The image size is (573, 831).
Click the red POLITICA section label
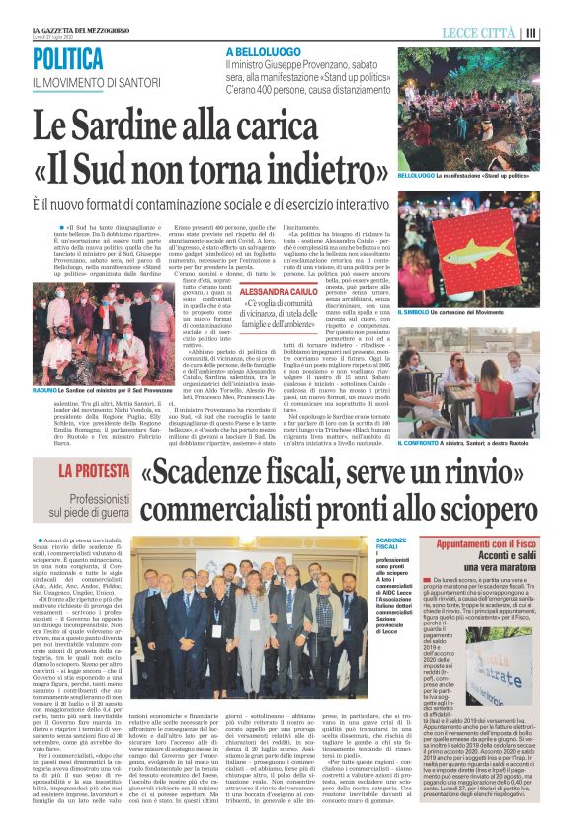point(72,57)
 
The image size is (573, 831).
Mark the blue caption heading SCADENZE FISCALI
point(391,544)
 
